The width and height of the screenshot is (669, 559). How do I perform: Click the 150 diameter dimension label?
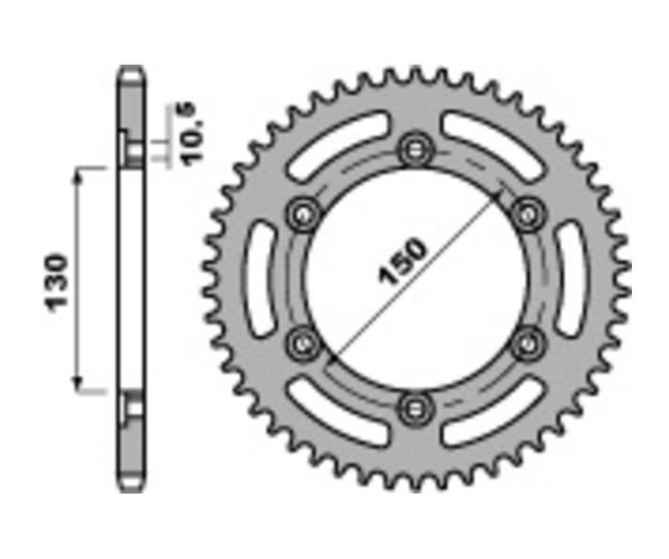(x=404, y=262)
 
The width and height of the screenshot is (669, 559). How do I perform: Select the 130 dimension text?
(x=56, y=282)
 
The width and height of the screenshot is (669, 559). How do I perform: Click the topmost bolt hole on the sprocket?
(x=414, y=149)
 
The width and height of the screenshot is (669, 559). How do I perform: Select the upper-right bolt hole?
(x=528, y=214)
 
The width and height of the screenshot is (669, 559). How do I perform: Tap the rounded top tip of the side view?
(x=131, y=71)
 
